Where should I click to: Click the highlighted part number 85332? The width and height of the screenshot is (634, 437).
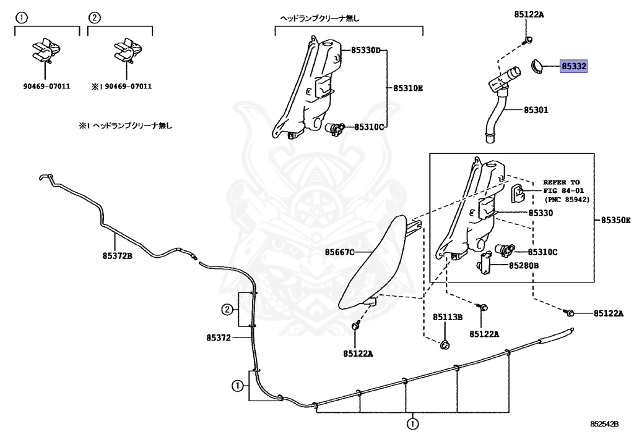pyautogui.click(x=574, y=66)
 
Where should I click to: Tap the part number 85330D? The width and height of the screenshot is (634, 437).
pyautogui.click(x=365, y=50)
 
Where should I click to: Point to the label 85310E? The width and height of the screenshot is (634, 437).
pyautogui.click(x=408, y=88)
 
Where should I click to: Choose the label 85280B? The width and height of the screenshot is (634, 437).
pyautogui.click(x=524, y=266)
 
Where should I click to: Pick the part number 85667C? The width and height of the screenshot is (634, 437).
pyautogui.click(x=340, y=252)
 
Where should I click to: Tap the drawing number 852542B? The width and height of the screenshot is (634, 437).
pyautogui.click(x=604, y=424)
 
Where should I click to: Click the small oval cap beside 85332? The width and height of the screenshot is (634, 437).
pyautogui.click(x=537, y=66)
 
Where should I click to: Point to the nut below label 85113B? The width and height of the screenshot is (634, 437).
pyautogui.click(x=444, y=344)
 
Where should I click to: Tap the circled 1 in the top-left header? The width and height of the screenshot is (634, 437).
pyautogui.click(x=22, y=18)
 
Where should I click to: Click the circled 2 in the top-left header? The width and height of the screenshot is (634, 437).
pyautogui.click(x=94, y=18)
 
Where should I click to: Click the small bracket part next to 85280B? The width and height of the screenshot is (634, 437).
pyautogui.click(x=484, y=266)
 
